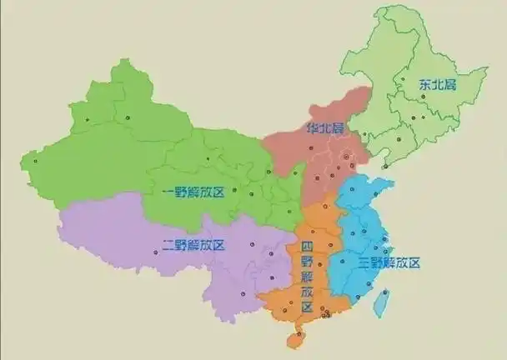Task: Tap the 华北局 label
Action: (x=325, y=128)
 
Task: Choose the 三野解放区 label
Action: (x=389, y=262)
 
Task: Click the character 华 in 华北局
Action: (x=310, y=128)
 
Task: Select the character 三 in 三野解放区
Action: (x=364, y=262)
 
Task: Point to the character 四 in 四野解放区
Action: (x=306, y=247)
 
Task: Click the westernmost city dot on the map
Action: (x=34, y=161)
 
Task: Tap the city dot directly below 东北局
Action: (x=424, y=97)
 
